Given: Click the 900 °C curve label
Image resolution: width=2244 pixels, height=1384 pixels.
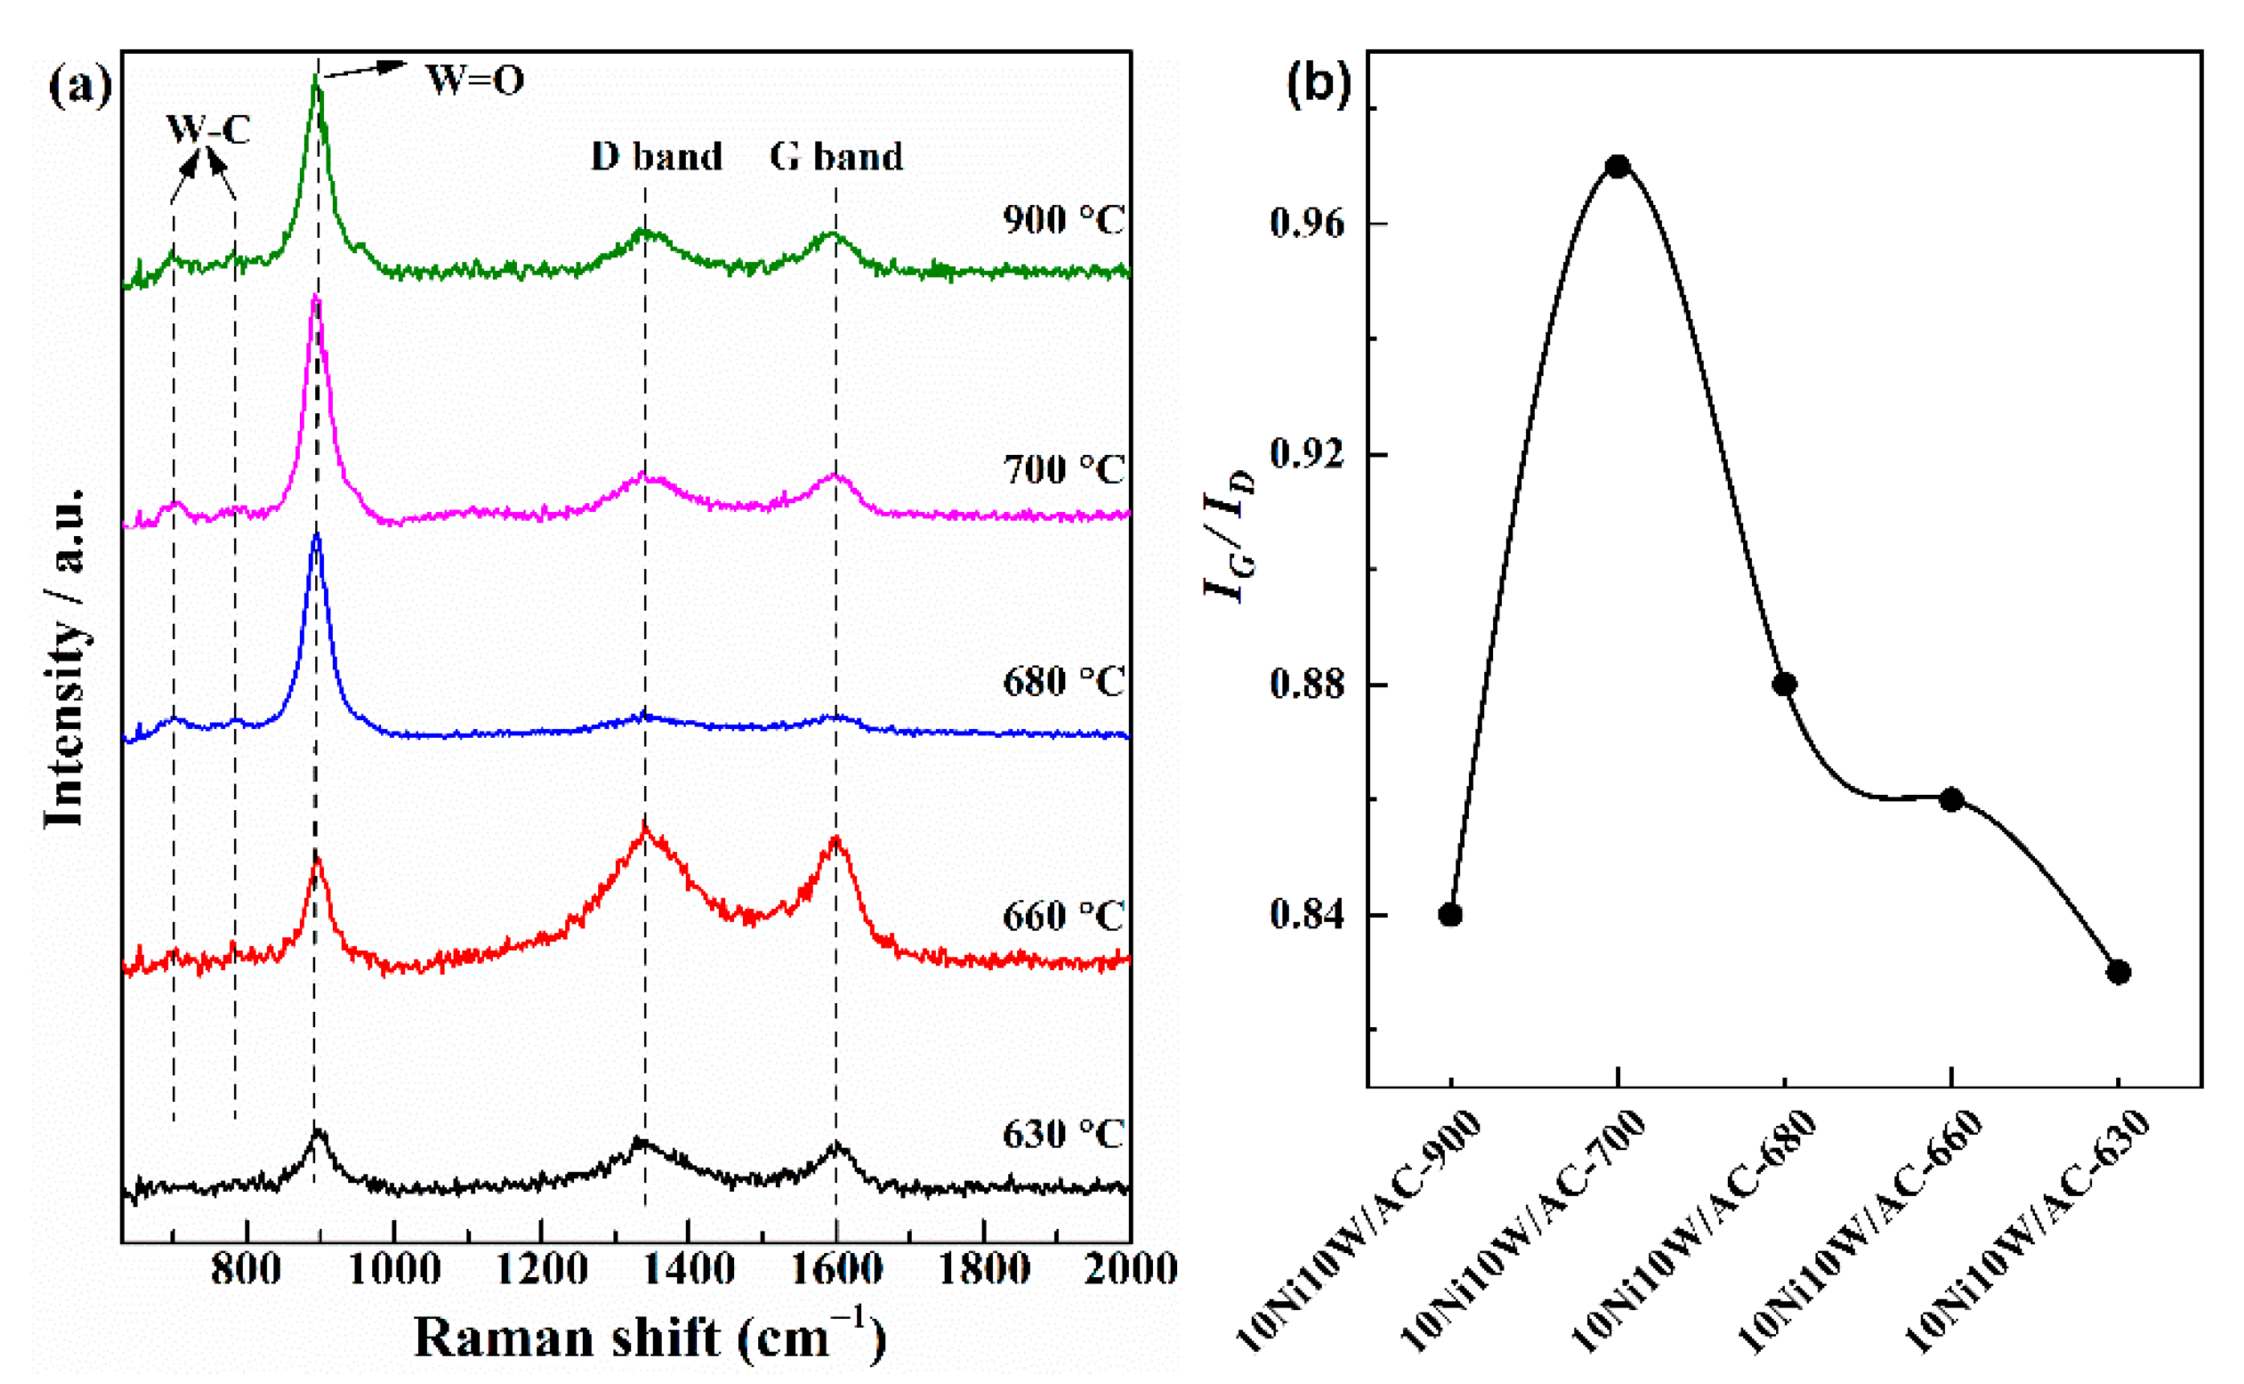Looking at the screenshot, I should coord(1062,219).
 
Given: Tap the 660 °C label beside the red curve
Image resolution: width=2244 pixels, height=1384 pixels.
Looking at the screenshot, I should coord(1062,915).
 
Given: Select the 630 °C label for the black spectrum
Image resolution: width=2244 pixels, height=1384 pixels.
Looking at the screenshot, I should coord(1062,1134).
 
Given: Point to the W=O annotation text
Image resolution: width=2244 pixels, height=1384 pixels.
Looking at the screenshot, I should coord(475,80).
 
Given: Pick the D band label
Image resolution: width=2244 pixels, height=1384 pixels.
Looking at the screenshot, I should coord(656,157).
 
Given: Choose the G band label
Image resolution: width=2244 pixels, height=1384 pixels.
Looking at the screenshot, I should coord(836,157).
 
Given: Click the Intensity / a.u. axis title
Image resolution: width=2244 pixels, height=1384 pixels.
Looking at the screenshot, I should coord(66,659).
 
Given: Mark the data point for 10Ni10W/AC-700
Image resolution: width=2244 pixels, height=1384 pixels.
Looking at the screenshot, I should coord(1618,166).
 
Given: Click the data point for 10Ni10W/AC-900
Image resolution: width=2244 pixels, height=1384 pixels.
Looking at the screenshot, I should coord(1450,915).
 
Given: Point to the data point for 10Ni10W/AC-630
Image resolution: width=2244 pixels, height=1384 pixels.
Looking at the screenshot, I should coord(2119,972).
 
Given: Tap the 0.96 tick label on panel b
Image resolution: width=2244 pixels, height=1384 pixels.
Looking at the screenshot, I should coord(1307,223).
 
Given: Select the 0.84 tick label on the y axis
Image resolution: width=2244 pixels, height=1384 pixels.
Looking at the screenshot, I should coord(1307,915).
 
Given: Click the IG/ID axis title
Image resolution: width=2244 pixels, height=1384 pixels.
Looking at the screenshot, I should coord(1229,535).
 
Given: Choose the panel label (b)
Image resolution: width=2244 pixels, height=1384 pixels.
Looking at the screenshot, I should coord(1319,84).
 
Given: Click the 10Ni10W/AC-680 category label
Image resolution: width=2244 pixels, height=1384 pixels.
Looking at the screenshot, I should coord(1694,1231).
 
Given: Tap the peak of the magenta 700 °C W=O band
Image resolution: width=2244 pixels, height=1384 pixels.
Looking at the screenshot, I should coord(316,297).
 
